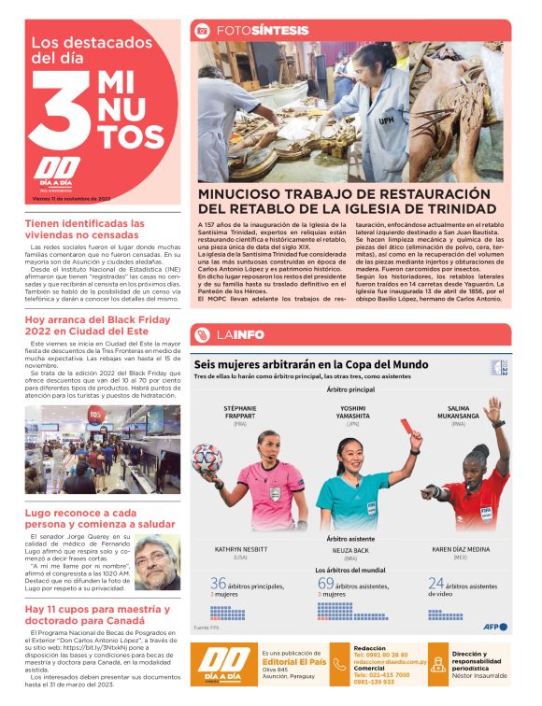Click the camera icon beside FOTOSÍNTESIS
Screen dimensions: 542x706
point(202,30)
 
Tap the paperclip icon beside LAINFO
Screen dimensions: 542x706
point(202,334)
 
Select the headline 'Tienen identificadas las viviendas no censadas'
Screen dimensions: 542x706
point(85,229)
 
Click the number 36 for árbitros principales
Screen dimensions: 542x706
point(219,584)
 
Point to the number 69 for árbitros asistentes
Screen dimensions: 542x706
point(326,584)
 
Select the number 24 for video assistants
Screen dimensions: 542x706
point(435,584)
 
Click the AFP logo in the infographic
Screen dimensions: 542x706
point(495,627)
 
